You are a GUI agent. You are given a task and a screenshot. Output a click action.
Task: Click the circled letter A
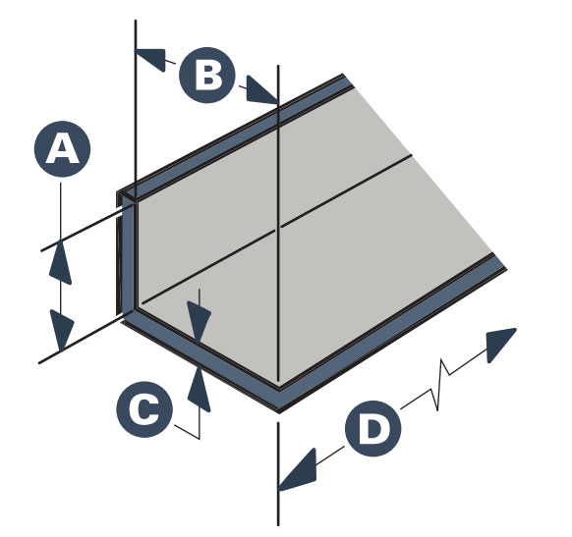click(x=62, y=149)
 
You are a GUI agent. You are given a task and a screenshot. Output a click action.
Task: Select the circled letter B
click(x=207, y=75)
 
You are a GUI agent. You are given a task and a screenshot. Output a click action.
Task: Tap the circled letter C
click(x=144, y=409)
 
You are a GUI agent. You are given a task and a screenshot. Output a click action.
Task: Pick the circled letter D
click(x=372, y=428)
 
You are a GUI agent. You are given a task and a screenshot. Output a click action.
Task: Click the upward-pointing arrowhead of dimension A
click(x=60, y=261)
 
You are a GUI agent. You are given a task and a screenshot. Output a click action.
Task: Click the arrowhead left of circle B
click(x=150, y=59)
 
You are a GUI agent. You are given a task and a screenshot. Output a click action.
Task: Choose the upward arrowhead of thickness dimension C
click(x=200, y=389)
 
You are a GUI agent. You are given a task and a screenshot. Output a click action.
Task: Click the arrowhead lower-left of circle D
click(x=298, y=470)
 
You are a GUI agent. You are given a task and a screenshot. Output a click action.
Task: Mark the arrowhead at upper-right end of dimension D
click(x=501, y=345)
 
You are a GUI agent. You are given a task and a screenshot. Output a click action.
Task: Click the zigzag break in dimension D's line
click(x=440, y=385)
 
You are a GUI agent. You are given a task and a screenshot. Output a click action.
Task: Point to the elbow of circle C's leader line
click(x=200, y=439)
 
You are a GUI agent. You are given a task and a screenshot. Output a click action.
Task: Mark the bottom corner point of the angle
click(x=279, y=412)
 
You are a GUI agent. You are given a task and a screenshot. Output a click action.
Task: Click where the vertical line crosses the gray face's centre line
click(x=278, y=228)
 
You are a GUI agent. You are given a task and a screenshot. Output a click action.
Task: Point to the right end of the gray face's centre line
click(x=412, y=155)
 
